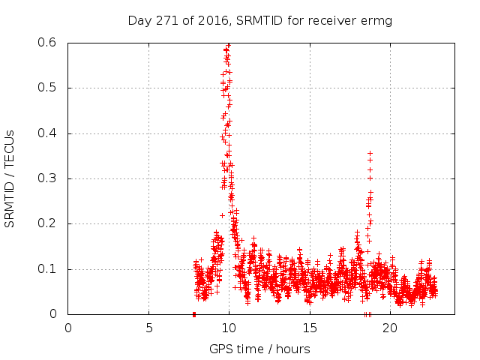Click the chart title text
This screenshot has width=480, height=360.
259,20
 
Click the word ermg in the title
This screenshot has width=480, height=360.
377,20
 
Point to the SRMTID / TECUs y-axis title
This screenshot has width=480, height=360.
10,178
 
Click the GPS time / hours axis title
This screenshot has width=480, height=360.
259,349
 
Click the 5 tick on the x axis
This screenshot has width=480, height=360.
148,328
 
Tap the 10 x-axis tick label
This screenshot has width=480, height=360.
229,328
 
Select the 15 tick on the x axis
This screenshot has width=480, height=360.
309,328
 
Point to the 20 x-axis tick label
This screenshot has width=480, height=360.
389,328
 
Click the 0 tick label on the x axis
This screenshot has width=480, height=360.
68,328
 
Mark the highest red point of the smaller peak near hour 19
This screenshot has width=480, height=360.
370,153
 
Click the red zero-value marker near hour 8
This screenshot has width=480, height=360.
194,313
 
